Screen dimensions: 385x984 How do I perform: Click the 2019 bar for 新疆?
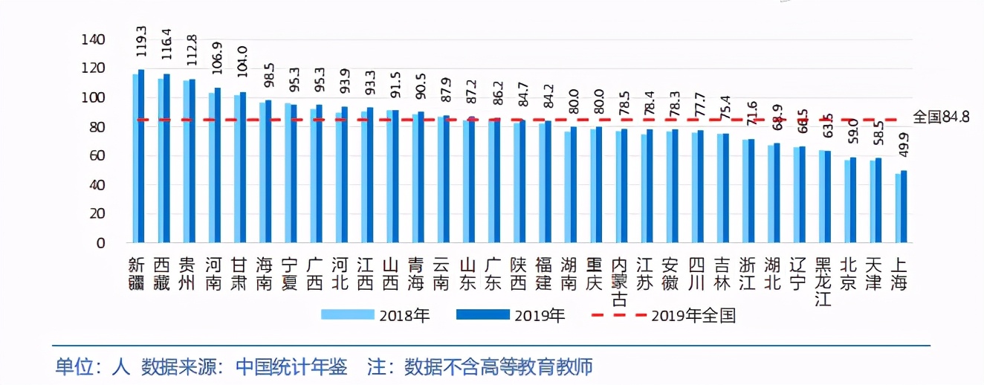141,156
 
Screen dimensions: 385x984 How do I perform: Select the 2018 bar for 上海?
898,208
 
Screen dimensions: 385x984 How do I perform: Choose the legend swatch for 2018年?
347,315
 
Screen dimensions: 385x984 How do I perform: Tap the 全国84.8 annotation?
940,117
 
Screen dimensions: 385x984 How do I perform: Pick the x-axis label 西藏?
162,274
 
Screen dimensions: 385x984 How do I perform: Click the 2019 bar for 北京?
853,200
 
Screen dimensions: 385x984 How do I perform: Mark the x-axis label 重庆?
594,274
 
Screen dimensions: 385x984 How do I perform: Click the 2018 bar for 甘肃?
237,169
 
